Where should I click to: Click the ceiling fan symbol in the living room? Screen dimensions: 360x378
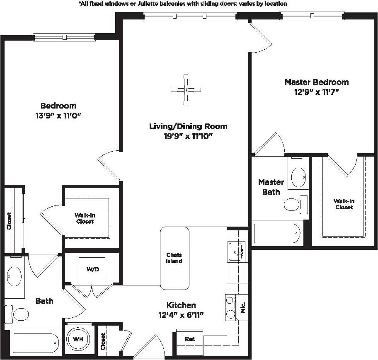click(x=186, y=89)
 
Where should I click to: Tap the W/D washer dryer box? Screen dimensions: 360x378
click(x=92, y=269)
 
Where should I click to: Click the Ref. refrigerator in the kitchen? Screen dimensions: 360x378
click(x=190, y=339)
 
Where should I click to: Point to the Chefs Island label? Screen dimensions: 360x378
click(x=174, y=258)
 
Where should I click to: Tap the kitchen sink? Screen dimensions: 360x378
click(x=237, y=251)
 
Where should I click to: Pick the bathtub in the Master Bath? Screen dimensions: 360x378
click(x=277, y=234)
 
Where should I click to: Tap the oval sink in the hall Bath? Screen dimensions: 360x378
click(x=15, y=275)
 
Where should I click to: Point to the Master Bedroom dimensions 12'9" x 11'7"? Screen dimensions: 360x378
click(x=317, y=92)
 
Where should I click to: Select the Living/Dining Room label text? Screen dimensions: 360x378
click(x=188, y=126)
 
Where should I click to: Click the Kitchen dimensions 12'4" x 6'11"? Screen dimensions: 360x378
click(x=181, y=315)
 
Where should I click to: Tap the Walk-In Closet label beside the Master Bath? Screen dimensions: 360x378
click(x=344, y=204)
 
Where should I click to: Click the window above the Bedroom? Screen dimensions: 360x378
click(x=64, y=37)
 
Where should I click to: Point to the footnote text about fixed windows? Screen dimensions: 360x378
click(x=183, y=3)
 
